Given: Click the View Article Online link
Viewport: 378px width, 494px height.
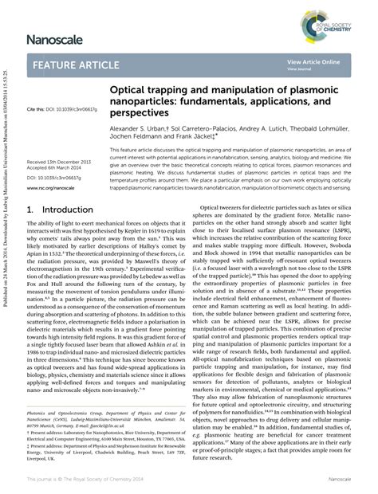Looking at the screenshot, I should click(313, 61).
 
